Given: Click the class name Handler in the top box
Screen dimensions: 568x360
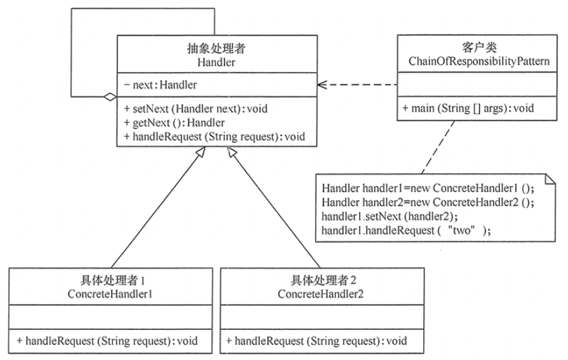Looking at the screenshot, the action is [x=216, y=62].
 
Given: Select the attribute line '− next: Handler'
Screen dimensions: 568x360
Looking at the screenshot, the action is [x=161, y=85].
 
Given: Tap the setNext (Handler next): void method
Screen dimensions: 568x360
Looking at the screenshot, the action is [x=195, y=109].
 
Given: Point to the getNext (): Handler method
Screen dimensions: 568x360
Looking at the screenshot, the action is [x=174, y=123].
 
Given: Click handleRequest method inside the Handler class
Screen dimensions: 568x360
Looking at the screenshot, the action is [x=215, y=137].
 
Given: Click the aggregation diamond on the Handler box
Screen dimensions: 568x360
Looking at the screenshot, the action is [x=110, y=97].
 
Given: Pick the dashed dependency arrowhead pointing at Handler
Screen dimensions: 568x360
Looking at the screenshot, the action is [x=322, y=85].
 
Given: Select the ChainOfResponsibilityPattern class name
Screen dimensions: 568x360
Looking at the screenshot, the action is [x=479, y=61].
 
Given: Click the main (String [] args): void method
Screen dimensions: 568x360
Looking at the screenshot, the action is [x=468, y=108].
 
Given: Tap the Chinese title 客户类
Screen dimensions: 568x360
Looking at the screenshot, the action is [x=479, y=47].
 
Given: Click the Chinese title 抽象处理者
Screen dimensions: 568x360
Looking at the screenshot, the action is [x=216, y=48].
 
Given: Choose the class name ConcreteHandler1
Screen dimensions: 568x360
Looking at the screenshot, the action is [x=110, y=294].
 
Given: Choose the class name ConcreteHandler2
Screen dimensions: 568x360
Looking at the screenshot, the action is [x=320, y=294].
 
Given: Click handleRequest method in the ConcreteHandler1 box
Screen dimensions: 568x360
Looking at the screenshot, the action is [x=107, y=341].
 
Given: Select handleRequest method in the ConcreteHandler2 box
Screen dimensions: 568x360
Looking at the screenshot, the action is [x=317, y=341].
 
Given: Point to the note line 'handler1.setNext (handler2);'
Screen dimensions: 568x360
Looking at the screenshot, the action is [x=390, y=216].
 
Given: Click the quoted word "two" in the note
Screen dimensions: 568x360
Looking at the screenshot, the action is [x=461, y=230].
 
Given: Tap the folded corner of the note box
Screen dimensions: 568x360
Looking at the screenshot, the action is [x=551, y=179].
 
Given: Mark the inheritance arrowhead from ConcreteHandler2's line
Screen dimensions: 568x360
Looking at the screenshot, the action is [x=232, y=152].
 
